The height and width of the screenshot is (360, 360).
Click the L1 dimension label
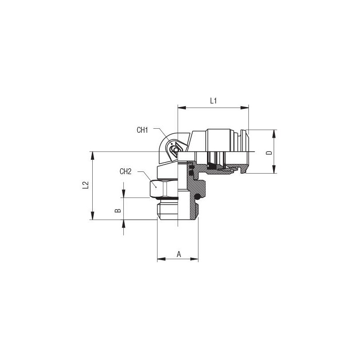pyautogui.click(x=213, y=100)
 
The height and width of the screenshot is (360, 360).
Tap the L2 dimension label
pyautogui.click(x=85, y=185)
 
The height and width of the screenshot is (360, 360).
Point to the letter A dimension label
pyautogui.click(x=179, y=254)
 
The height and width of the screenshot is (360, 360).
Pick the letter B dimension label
pyautogui.click(x=117, y=210)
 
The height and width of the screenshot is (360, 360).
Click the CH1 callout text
pyautogui.click(x=142, y=130)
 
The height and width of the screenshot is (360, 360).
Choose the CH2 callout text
pyautogui.click(x=126, y=171)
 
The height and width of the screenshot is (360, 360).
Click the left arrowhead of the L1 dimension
pyautogui.click(x=182, y=108)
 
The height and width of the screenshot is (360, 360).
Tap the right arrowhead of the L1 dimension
pyautogui.click(x=244, y=108)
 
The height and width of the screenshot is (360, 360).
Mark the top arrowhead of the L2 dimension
pyautogui.click(x=92, y=155)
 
